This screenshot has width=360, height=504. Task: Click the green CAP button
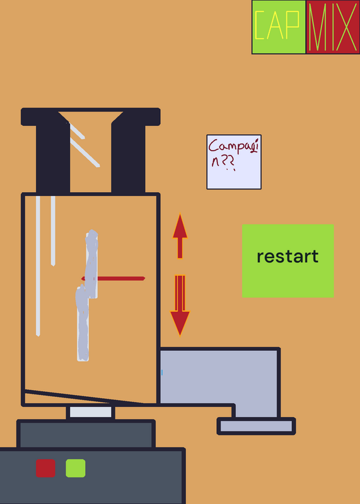(279, 27)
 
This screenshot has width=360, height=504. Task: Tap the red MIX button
(333, 27)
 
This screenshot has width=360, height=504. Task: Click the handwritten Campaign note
(234, 162)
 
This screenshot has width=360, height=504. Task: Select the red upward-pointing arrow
(180, 236)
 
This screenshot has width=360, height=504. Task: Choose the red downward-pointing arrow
(180, 306)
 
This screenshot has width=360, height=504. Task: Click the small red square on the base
(45, 468)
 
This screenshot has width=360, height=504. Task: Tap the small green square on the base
(76, 468)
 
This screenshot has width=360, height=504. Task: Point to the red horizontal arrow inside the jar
(113, 278)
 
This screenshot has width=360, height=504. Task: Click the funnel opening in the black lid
(91, 151)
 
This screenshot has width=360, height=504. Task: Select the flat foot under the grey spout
(257, 427)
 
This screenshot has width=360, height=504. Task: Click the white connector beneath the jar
(91, 412)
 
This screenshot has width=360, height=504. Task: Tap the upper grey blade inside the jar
(91, 263)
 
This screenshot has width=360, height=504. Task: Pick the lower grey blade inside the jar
(82, 323)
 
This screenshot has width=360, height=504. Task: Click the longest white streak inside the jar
(38, 266)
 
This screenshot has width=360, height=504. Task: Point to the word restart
(287, 256)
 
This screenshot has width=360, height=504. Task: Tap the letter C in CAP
(260, 25)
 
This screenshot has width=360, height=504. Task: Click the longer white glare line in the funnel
(85, 152)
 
